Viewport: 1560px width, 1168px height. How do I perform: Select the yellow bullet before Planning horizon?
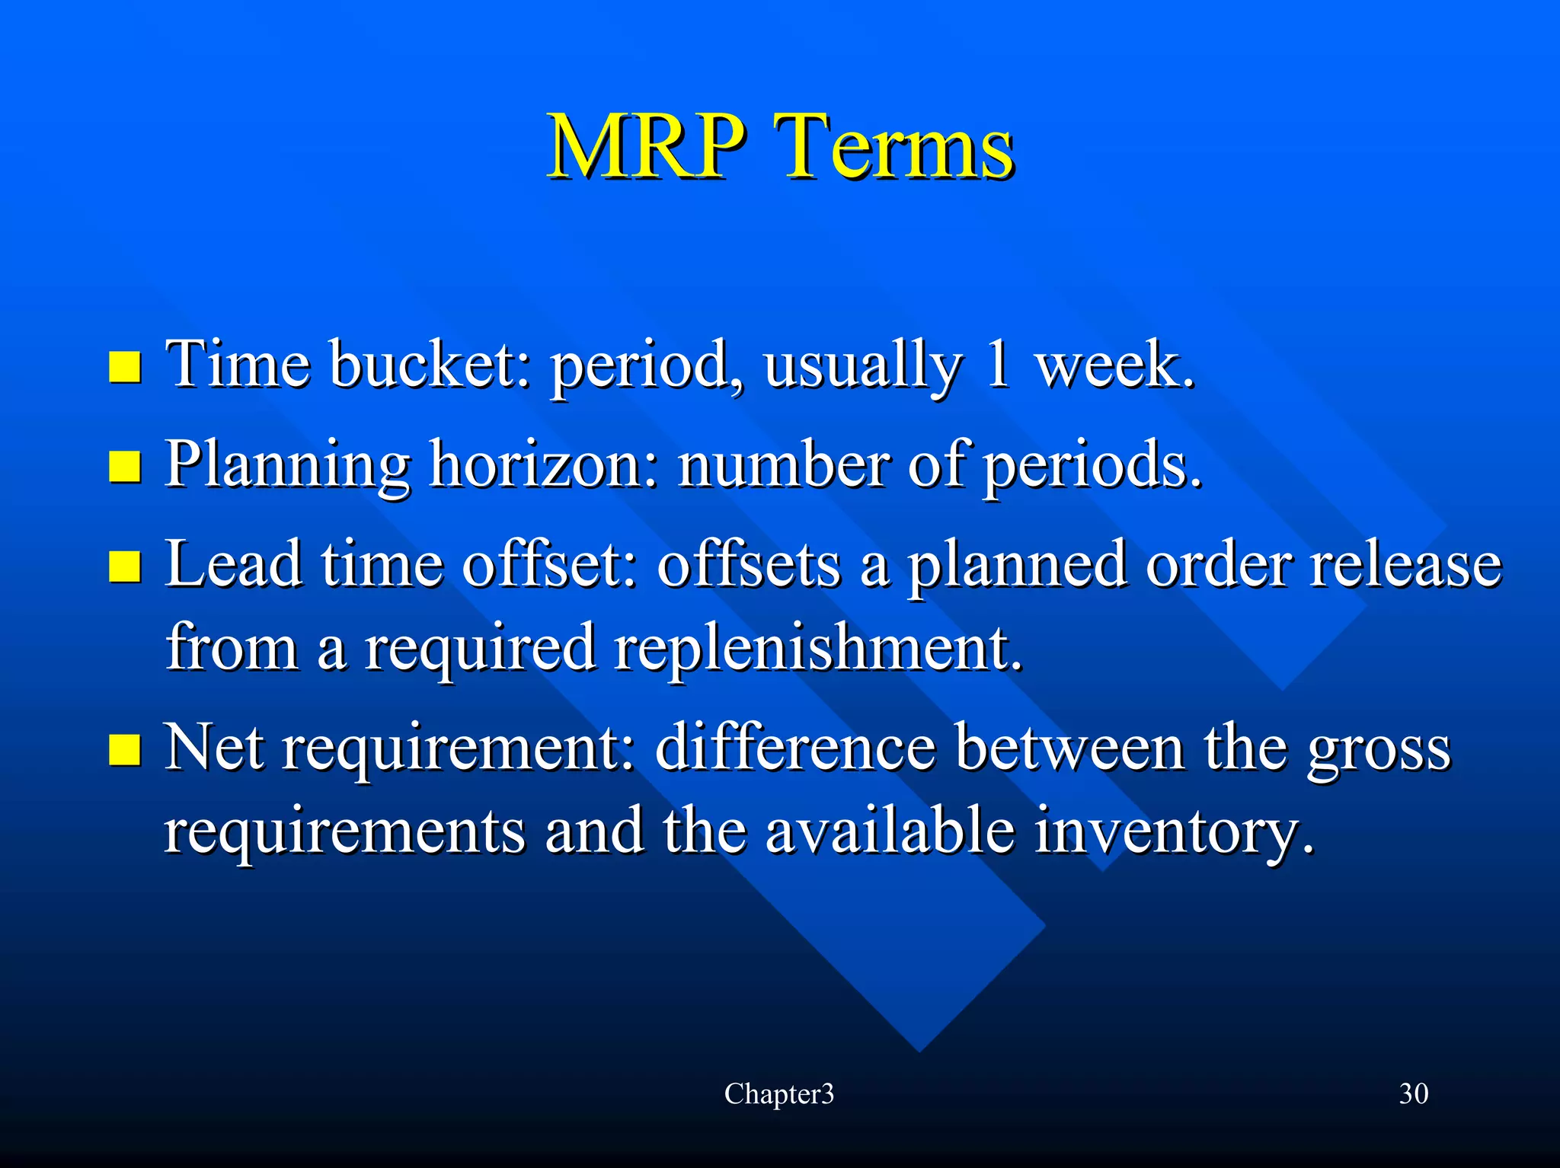(x=124, y=467)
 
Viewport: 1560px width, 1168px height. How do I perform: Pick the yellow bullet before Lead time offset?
(x=124, y=566)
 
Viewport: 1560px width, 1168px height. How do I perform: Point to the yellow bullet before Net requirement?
(x=124, y=749)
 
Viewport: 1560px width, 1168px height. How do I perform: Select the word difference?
(x=794, y=748)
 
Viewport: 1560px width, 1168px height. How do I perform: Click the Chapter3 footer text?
(x=778, y=1094)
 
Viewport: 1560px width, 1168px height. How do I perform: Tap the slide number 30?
(x=1413, y=1094)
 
